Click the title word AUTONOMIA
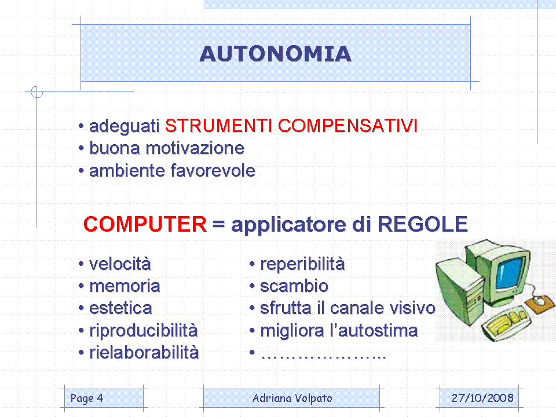pos(276,54)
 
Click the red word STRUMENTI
pos(218,126)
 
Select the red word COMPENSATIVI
pos(348,126)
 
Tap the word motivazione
pos(195,148)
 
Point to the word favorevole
pos(213,170)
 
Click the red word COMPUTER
pos(145,224)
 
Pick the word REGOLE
pos(423,224)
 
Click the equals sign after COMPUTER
pos(218,224)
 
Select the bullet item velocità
pos(120,264)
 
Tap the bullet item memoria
pos(125,286)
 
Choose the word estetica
pos(120,308)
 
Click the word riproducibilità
pos(144,331)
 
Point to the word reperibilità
pos(302,265)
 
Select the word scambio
pos(294,286)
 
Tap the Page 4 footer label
pos(87,398)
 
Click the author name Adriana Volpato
pos(292,398)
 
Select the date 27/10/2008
pos(482,398)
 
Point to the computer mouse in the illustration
pos(539,301)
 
